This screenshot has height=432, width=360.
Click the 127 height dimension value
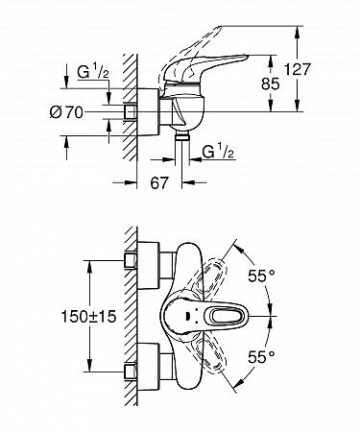point(298,69)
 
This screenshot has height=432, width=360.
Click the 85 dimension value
point(271,84)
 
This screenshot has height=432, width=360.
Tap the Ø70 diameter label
point(66,112)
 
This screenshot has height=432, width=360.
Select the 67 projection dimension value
point(159,182)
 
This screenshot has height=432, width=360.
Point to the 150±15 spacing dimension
point(88,317)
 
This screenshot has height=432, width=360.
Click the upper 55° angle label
point(261,276)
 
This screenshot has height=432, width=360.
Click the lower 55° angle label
point(261,356)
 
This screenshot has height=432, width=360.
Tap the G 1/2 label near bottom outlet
point(219,152)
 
